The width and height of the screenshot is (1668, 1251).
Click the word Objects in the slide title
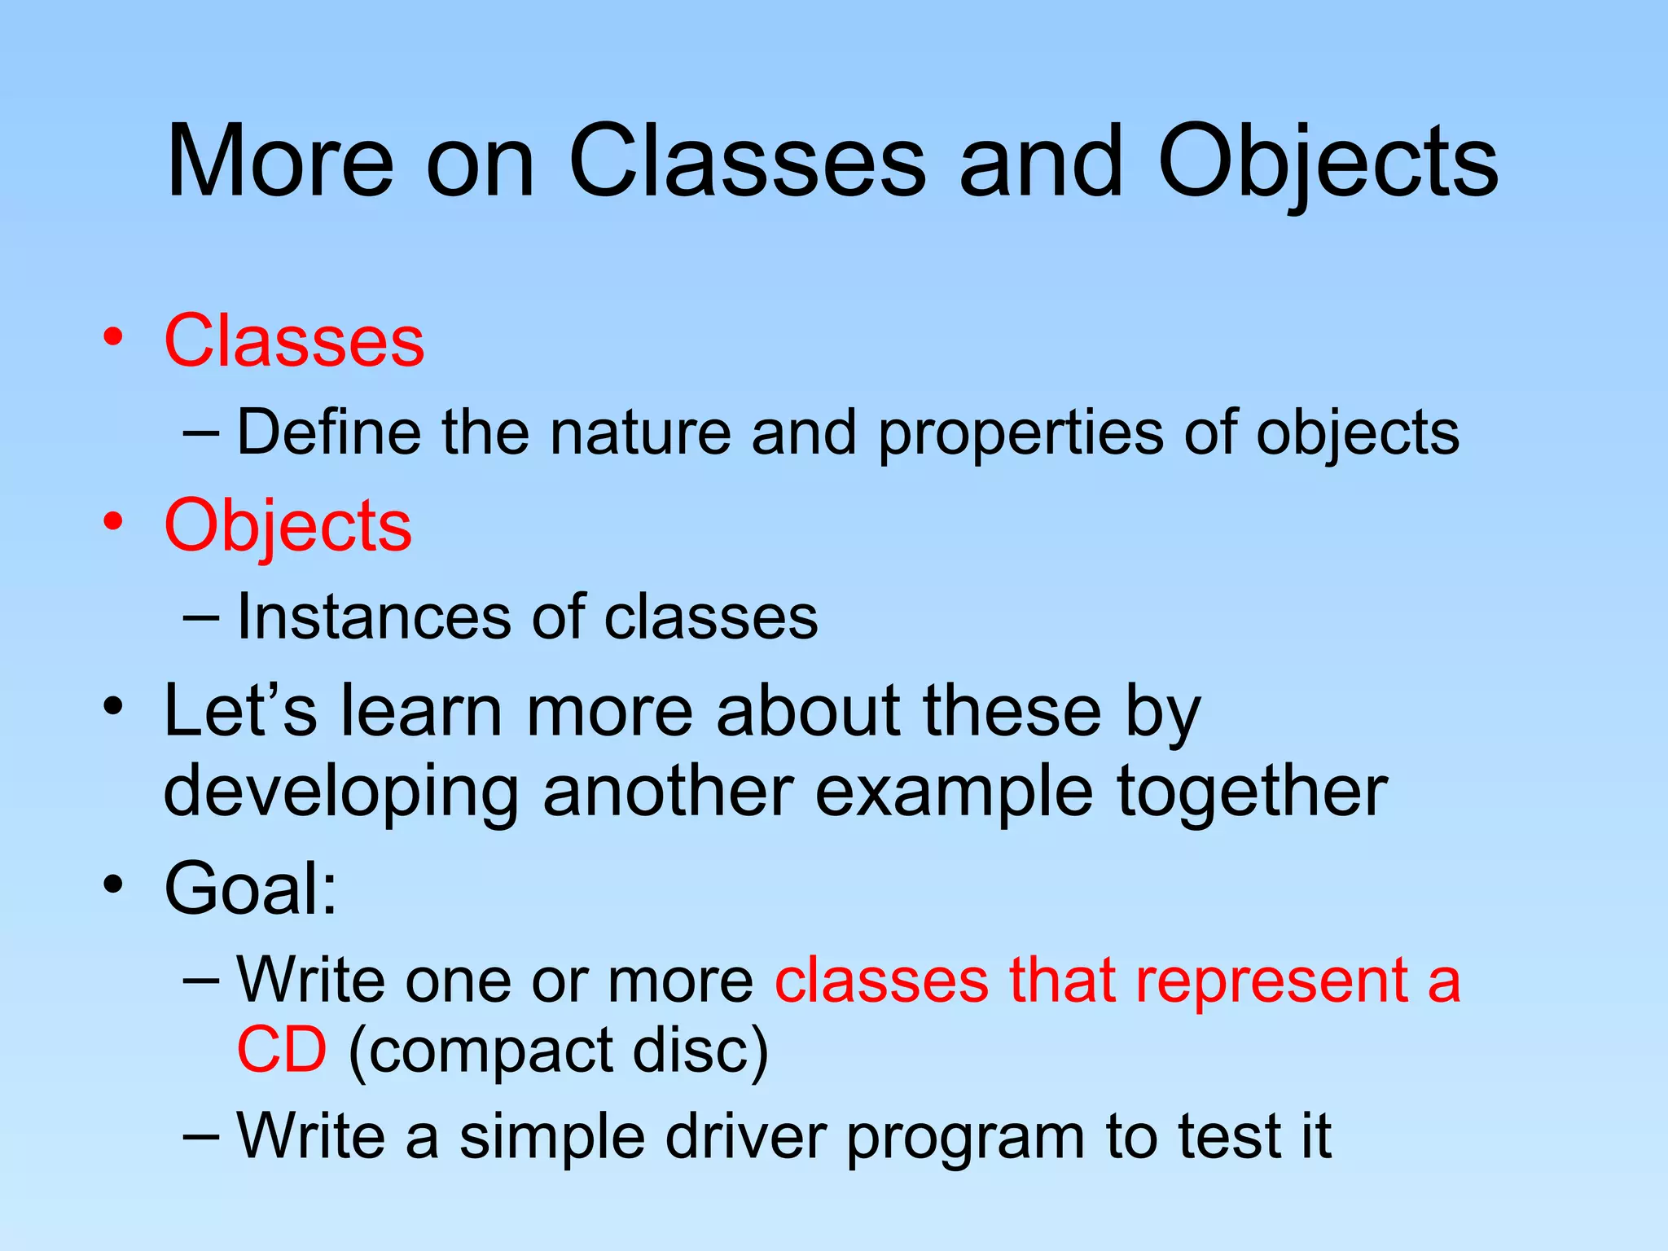coord(1328,163)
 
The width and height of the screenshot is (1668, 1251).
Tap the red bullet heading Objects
coord(288,526)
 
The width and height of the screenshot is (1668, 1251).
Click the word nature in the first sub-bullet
coord(640,432)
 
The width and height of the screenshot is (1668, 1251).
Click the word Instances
coord(370,617)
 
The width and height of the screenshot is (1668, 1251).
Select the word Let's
coord(239,711)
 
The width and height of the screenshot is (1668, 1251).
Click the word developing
coord(340,792)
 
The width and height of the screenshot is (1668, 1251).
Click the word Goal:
coord(251,888)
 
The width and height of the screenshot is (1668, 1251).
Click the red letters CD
coord(282,1050)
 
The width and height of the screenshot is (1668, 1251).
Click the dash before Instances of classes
coord(201,617)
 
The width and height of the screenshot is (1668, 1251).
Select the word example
coord(954,792)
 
